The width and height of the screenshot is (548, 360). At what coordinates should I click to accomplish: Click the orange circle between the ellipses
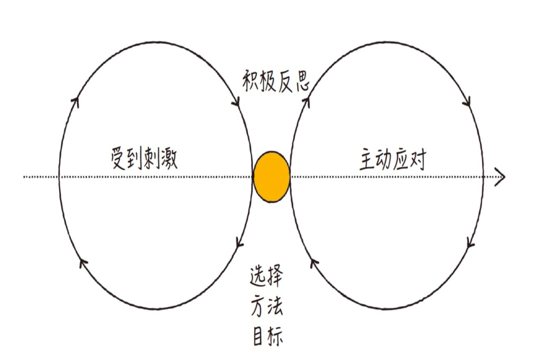(271, 176)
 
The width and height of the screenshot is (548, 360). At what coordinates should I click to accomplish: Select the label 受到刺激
(145, 159)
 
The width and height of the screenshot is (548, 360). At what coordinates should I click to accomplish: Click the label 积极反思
(275, 81)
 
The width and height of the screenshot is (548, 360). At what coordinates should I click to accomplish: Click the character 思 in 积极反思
(300, 81)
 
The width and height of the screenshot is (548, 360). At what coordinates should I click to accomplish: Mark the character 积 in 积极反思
(249, 81)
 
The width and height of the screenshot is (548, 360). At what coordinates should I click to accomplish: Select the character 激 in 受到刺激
(168, 159)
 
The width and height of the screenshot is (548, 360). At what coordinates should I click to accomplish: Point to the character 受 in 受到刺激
(119, 159)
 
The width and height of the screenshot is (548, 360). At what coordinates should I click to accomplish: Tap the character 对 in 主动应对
(417, 159)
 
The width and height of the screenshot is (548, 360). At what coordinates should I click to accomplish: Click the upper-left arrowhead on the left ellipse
(76, 100)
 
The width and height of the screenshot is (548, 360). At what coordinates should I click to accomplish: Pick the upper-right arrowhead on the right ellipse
(467, 101)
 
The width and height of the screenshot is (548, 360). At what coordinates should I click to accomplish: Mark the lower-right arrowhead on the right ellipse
(470, 243)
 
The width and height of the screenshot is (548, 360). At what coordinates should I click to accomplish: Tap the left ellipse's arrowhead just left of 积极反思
(236, 101)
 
